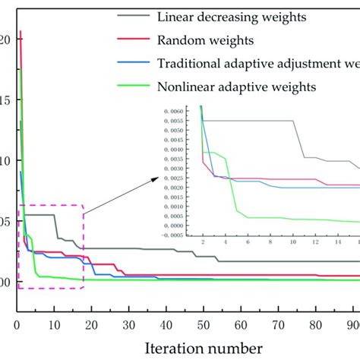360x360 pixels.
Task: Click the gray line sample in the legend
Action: (x=134, y=15)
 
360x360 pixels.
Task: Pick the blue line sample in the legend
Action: (x=134, y=65)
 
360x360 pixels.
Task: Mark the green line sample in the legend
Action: (x=134, y=90)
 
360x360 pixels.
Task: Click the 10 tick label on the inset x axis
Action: (x=293, y=242)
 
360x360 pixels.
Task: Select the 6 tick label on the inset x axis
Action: (x=247, y=242)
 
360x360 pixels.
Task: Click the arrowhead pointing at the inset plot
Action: (x=157, y=179)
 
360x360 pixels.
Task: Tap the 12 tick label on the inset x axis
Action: (x=316, y=242)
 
